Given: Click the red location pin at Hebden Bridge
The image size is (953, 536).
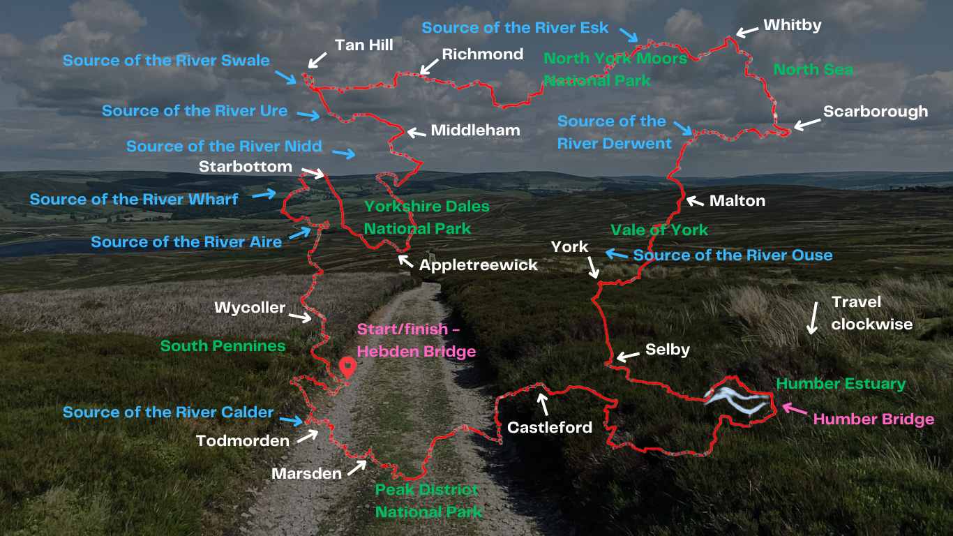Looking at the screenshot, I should coord(347,366).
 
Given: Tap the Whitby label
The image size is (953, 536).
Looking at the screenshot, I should coord(792,25).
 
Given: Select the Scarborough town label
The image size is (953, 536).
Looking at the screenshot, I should coord(875,112).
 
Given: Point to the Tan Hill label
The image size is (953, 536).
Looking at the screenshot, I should coord(363,45).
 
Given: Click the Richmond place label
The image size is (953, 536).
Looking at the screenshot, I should coord(482,54).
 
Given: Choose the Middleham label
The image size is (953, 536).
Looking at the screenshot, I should coord(475,131).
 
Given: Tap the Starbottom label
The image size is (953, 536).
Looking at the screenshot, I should coord(245,167).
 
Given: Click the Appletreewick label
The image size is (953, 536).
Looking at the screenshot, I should coord(478,265).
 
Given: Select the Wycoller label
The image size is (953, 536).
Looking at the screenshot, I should coord(250,308).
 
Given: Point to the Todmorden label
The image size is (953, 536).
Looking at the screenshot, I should coord(243,441).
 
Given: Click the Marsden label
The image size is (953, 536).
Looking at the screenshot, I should coord(307,474).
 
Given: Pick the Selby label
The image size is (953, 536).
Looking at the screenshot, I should coord(667,350).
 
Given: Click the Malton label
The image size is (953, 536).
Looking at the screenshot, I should coord(737,201).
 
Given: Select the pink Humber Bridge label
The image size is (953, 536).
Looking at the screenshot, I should coord(873,419).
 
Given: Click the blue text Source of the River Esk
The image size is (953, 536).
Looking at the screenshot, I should coord(515,28).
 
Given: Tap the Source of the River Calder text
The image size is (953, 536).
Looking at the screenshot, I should coord(168,412).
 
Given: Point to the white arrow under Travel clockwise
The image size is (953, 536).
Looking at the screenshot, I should coord(811,318).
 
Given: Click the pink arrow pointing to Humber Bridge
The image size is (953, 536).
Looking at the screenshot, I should coord(792,408).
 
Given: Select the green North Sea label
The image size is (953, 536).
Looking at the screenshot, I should coord(813,70).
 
